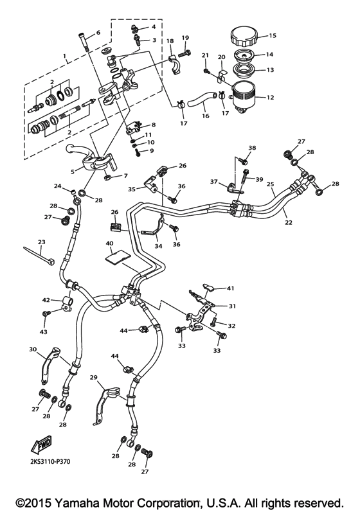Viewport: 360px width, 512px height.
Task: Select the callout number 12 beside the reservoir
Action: point(271,98)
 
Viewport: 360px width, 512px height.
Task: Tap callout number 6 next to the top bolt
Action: point(98,32)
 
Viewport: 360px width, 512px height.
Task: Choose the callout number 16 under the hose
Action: point(204,117)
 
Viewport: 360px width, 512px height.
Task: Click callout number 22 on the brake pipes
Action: point(289,222)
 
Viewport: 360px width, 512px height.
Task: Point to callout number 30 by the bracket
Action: point(33,349)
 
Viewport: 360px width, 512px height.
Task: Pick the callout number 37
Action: point(214,182)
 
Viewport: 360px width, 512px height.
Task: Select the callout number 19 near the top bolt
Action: point(185,37)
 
